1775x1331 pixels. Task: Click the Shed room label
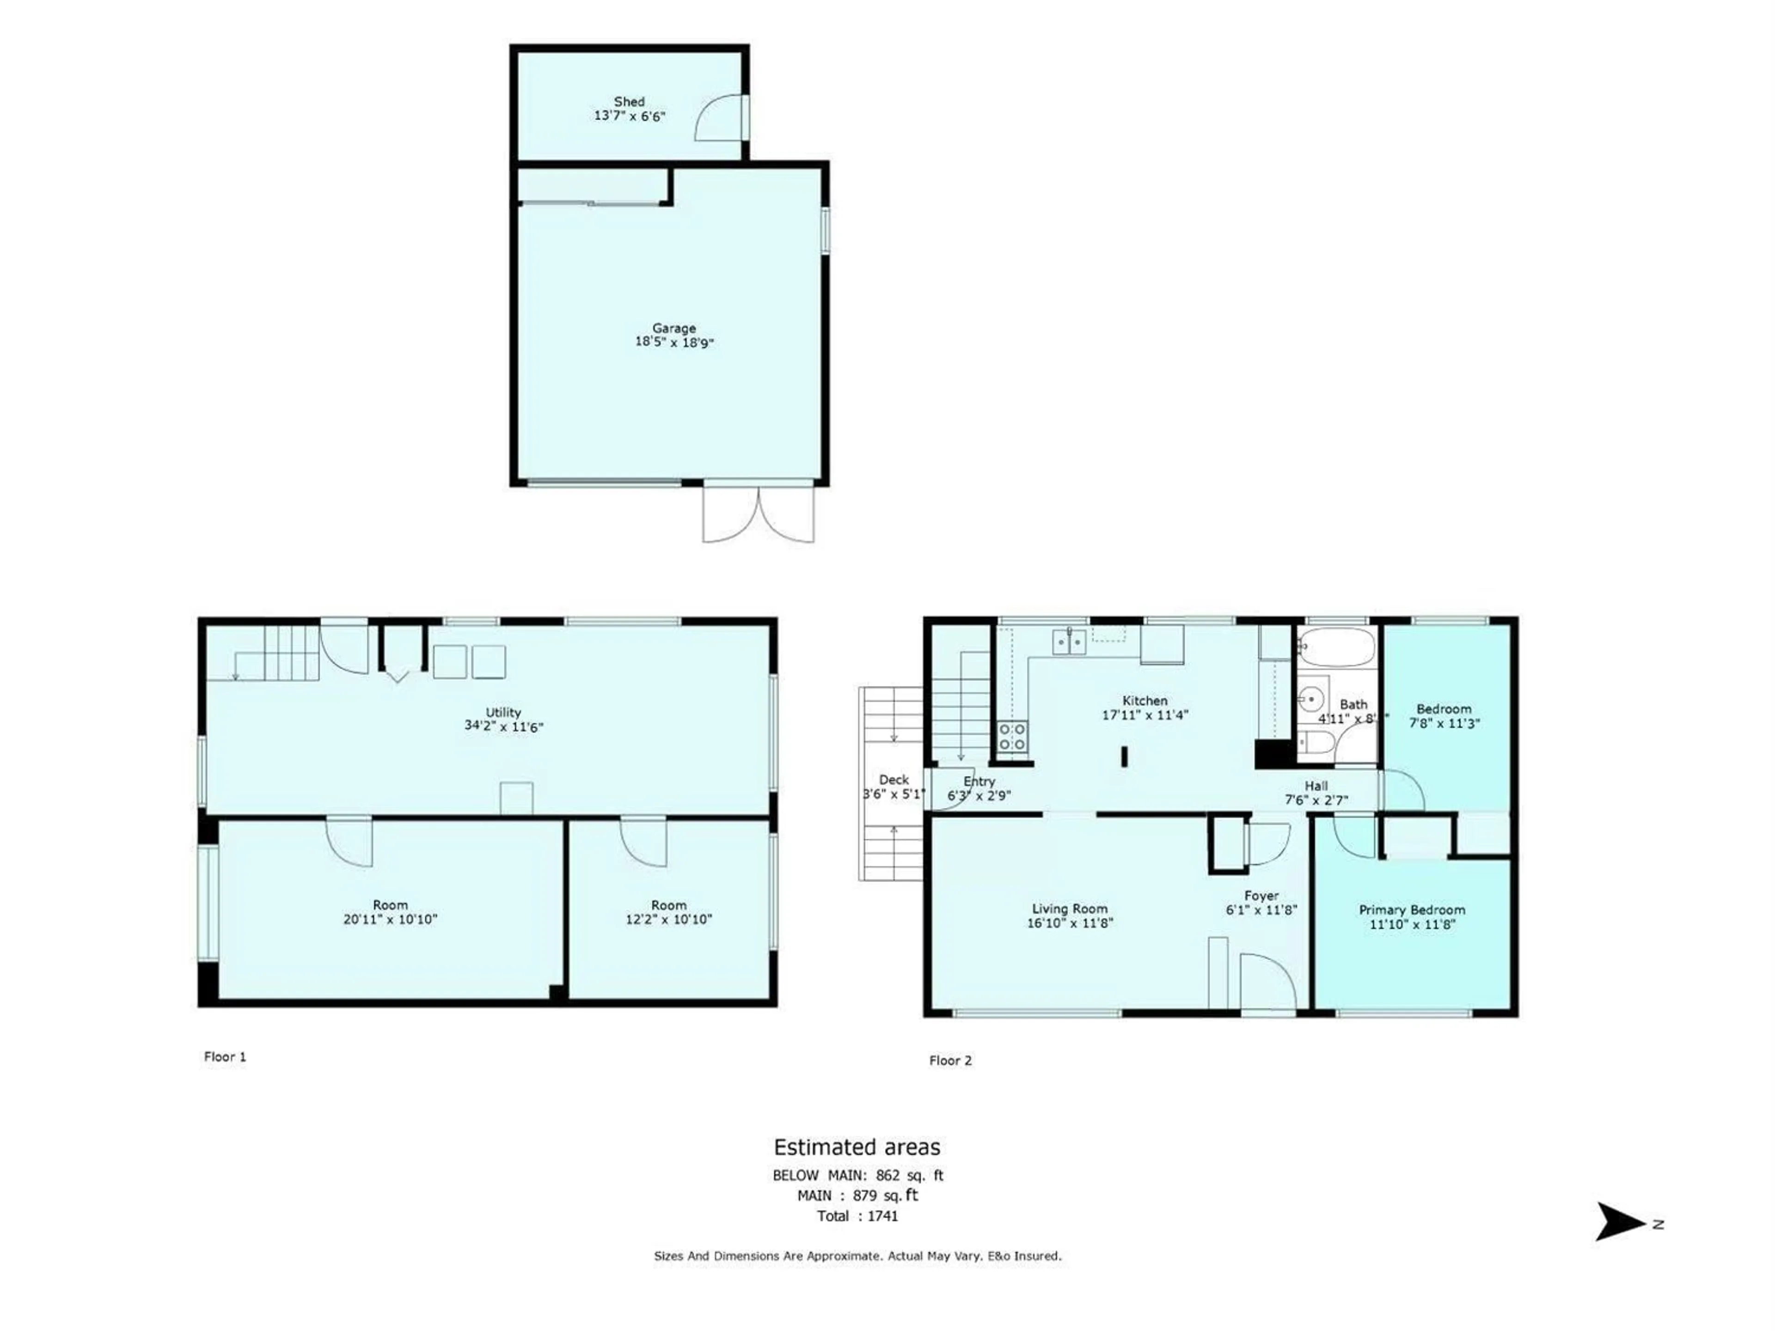tap(629, 102)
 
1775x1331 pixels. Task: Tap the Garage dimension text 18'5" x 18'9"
tap(674, 342)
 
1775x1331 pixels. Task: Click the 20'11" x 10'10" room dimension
tap(390, 919)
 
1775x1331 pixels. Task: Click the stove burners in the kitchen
tap(1012, 737)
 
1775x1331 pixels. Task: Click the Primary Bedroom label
tap(1412, 910)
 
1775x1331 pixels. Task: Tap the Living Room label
tap(1070, 909)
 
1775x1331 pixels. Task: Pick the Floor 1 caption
tap(225, 1056)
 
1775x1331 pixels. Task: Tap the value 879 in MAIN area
tap(864, 1196)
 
